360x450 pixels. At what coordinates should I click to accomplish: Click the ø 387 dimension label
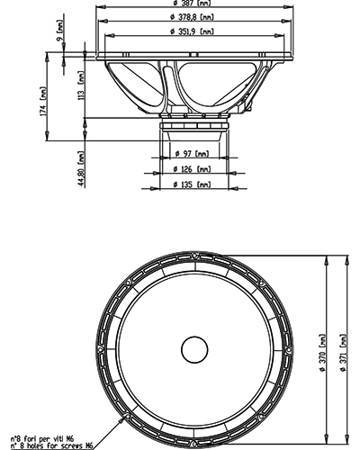[x=193, y=5]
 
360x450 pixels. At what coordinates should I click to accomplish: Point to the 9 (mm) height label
[x=60, y=39]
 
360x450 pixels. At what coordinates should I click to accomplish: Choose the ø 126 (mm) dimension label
[x=193, y=170]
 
